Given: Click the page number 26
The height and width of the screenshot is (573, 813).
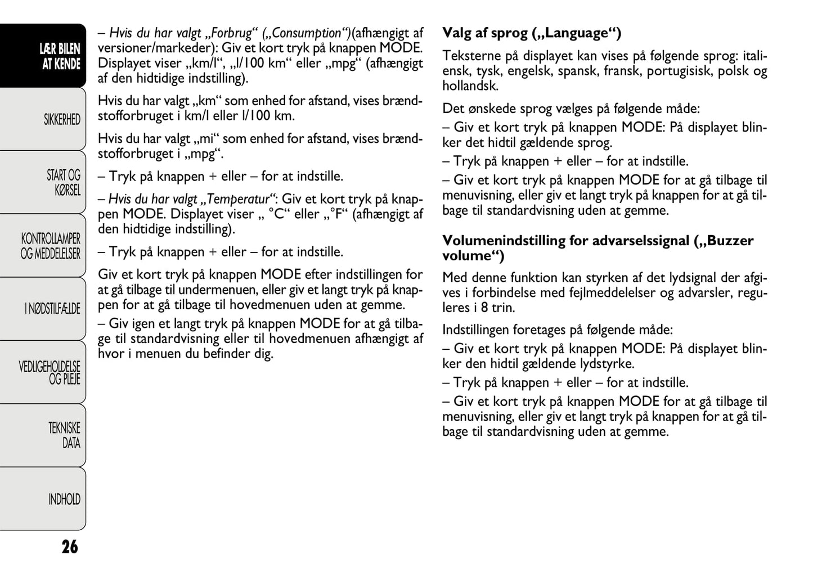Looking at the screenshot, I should [70, 547].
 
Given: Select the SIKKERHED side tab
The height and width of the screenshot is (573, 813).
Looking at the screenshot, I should [62, 120].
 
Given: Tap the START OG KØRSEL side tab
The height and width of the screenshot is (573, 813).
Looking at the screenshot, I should [63, 183].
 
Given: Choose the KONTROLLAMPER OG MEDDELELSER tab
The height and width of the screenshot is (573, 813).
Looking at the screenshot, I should [51, 246].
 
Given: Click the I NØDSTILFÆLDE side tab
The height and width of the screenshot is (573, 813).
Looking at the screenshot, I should [52, 309].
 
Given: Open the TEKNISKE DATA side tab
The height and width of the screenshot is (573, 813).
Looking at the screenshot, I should [64, 435].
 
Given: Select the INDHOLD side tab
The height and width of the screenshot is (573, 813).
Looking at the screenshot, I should [64, 499].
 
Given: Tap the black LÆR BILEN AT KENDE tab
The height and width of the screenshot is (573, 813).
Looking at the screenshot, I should [60, 56].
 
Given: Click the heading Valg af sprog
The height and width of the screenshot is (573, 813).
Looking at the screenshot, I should [532, 33].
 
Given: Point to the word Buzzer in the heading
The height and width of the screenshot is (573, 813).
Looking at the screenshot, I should [730, 241].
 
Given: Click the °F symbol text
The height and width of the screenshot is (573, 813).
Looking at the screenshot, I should [337, 215].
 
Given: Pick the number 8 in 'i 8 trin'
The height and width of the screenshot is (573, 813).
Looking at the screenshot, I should [484, 308].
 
